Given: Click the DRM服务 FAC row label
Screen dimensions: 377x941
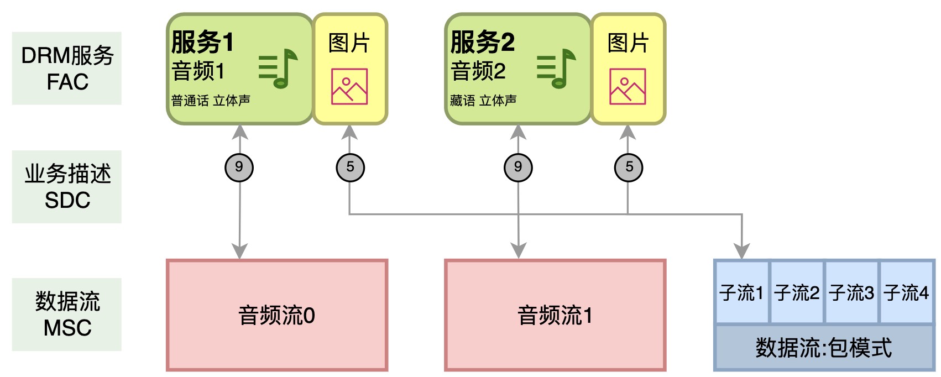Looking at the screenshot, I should [67, 68].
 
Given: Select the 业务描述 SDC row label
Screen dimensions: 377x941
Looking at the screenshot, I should [67, 187].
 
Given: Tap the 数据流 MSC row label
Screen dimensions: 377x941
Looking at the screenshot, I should [67, 315].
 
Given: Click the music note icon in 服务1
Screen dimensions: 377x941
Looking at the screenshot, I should [278, 68].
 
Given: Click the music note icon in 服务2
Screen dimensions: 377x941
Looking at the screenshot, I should [556, 68].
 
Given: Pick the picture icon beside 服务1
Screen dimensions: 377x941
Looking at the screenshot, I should [349, 87].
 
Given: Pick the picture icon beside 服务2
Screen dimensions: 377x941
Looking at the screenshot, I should [628, 87].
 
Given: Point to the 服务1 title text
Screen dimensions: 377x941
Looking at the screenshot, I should [202, 42].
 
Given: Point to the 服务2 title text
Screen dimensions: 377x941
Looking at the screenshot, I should [482, 42].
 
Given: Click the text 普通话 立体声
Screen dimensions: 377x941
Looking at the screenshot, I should [211, 101].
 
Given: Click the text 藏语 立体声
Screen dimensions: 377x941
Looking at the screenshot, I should [483, 101].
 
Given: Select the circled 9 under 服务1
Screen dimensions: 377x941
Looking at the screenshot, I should [239, 167].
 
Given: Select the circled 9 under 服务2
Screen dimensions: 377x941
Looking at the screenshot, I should [518, 167].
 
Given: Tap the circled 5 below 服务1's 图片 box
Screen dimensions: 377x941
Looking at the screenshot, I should [350, 167].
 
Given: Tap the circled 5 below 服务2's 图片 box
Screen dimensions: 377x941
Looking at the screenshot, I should [629, 167].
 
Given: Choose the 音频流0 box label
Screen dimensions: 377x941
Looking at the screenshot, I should [276, 316].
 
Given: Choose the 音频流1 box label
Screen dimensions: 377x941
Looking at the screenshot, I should [555, 316].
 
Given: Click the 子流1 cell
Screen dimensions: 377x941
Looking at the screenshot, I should [741, 292].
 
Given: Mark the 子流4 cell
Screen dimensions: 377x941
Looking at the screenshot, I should [906, 292].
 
